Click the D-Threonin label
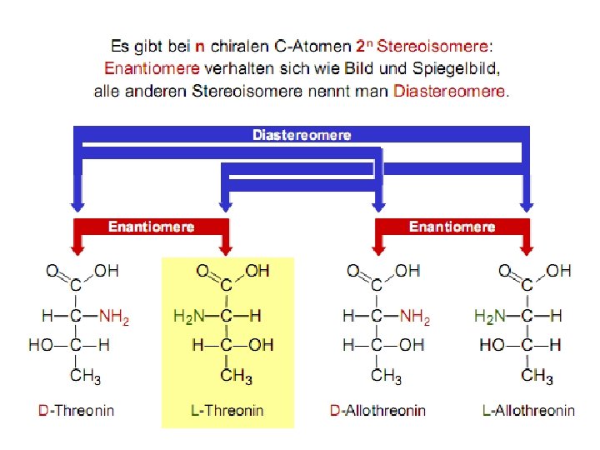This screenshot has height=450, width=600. tap(77, 410)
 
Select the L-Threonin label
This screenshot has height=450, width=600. tap(227, 410)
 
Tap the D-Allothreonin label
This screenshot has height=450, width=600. tap(377, 410)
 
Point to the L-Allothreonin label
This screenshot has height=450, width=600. tap(528, 410)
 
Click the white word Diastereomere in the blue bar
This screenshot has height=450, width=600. tap(302, 134)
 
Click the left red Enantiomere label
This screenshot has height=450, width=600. tap(152, 227)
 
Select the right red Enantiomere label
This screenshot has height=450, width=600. tap(452, 227)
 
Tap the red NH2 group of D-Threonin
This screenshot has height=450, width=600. tap(115, 317)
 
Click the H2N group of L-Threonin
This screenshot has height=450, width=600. tap(189, 317)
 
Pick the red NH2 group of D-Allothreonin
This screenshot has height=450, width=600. tap(415, 317)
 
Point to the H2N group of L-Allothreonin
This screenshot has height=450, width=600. tap(490, 317)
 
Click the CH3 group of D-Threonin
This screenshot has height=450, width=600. tap(85, 377)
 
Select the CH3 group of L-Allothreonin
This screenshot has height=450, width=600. tap(537, 377)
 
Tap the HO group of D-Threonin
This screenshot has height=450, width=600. tap(41, 345)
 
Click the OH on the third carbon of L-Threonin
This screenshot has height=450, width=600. tap(261, 345)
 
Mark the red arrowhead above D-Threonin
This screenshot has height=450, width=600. tap(77, 247)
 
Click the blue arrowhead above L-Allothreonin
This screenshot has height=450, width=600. tap(527, 205)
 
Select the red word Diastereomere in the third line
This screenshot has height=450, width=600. tap(449, 90)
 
